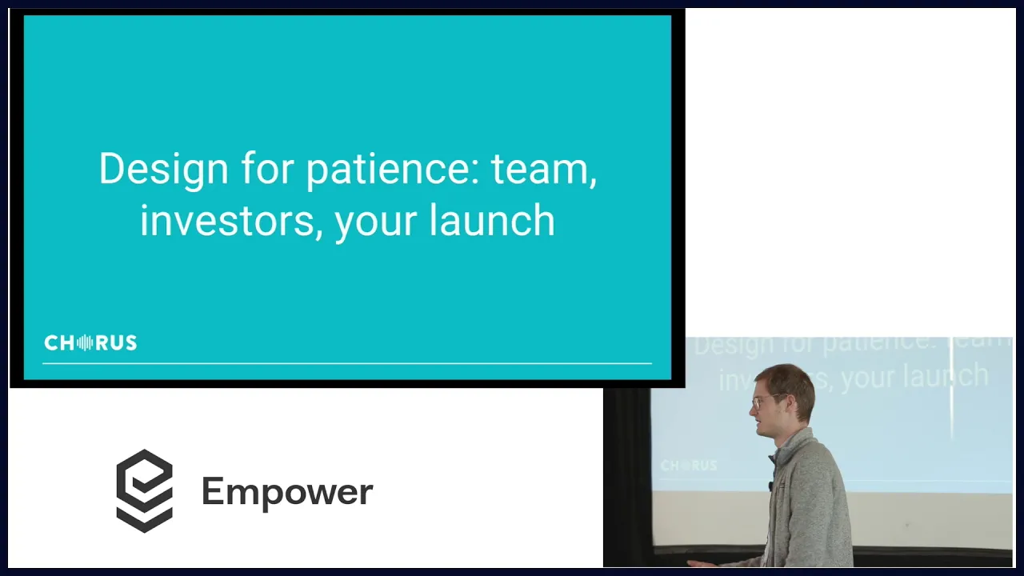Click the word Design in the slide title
click(x=164, y=170)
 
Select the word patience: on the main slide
click(x=393, y=170)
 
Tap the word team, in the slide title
click(x=544, y=170)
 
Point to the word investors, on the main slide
click(x=231, y=222)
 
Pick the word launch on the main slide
click(x=492, y=220)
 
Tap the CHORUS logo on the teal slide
click(x=90, y=343)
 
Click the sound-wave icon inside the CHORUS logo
click(x=85, y=343)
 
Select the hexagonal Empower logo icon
click(x=145, y=491)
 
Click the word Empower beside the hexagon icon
click(x=287, y=493)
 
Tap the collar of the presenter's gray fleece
click(x=792, y=446)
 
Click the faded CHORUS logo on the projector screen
click(x=689, y=466)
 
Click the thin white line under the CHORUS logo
click(x=347, y=364)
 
